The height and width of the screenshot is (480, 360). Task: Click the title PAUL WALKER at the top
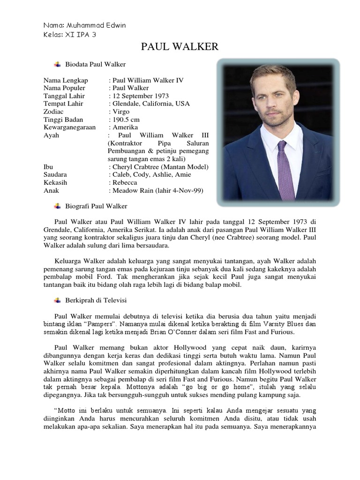click(x=180, y=46)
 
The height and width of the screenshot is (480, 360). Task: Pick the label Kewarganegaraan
click(x=70, y=127)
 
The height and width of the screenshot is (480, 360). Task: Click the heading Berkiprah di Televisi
click(x=97, y=300)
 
